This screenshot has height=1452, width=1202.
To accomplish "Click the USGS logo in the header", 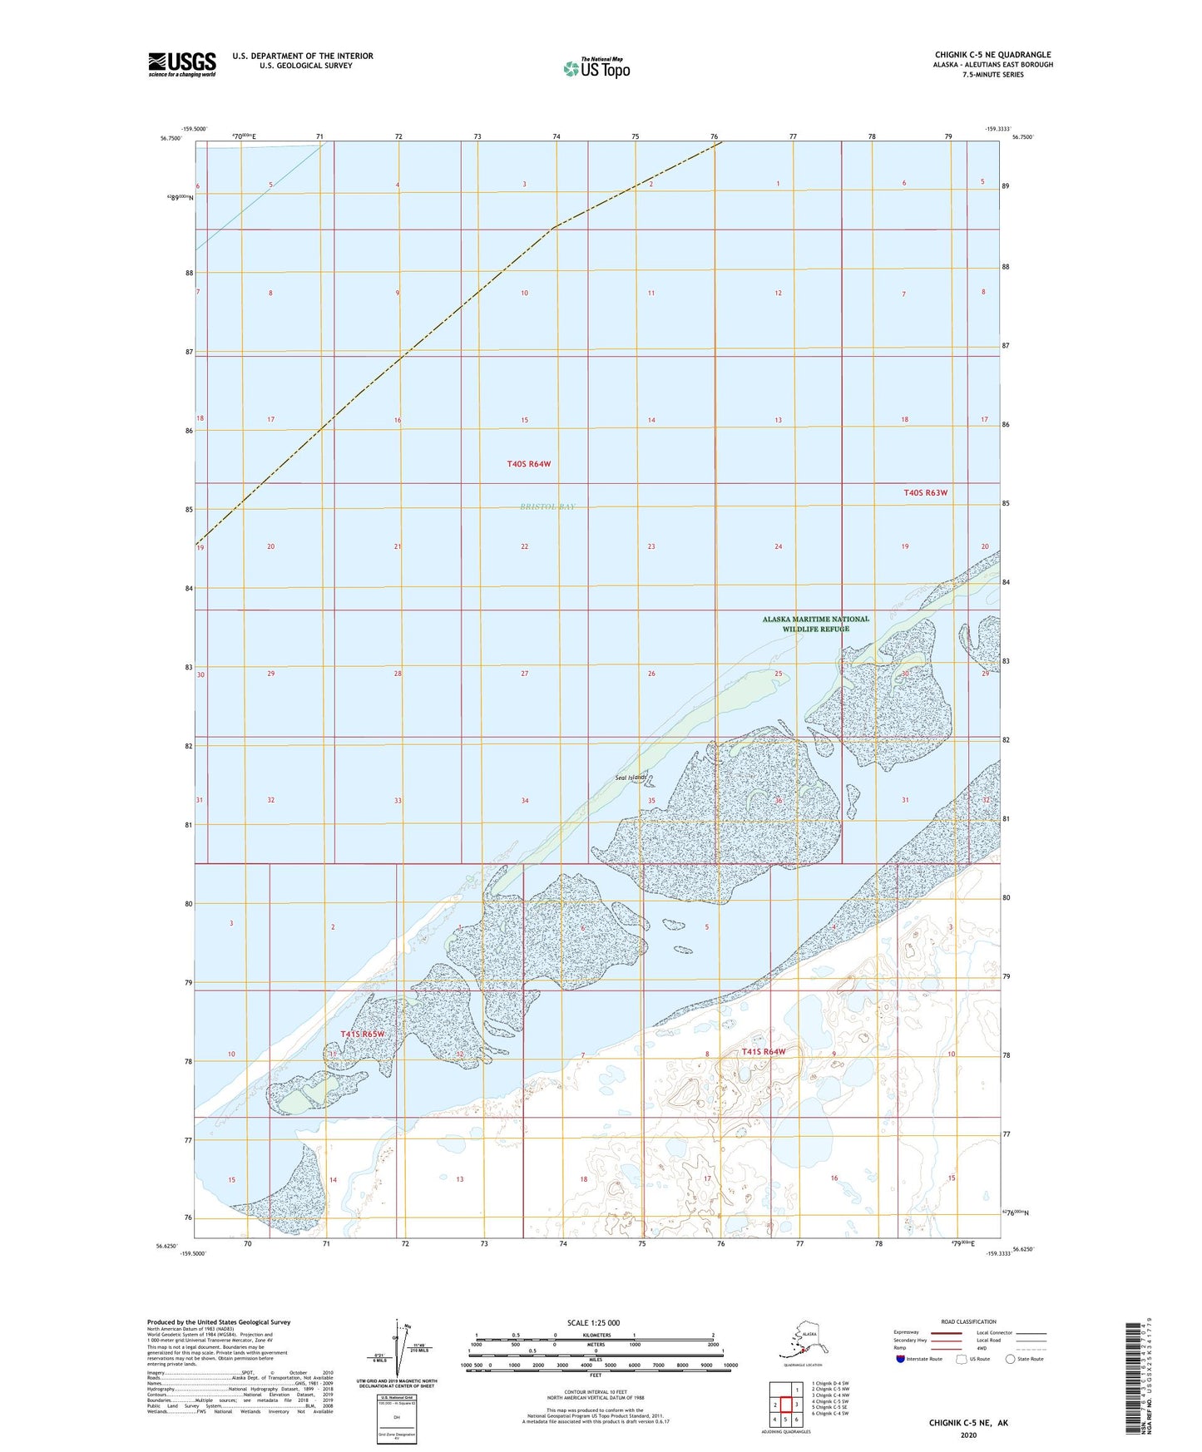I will tap(181, 64).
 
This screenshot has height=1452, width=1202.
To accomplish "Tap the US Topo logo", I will tap(596, 68).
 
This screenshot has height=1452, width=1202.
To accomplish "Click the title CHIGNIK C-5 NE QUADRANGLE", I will tap(992, 55).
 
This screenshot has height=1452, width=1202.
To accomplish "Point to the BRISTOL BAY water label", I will tap(547, 506).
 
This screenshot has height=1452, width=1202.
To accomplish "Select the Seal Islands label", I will tap(631, 778).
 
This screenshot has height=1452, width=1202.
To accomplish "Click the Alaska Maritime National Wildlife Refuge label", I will tap(815, 624).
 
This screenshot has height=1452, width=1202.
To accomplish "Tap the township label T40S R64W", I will tap(528, 464).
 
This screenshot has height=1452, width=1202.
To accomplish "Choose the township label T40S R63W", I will tap(925, 493).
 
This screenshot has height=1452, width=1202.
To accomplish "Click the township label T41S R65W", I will tap(363, 1034).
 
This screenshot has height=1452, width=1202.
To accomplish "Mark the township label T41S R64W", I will tap(764, 1052).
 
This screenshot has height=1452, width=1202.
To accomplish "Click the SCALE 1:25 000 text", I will tap(593, 1322).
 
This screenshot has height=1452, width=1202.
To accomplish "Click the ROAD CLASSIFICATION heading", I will tap(968, 1321).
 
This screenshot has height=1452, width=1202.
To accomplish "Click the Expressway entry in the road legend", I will tap(908, 1332).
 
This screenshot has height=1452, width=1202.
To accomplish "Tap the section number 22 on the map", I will tap(524, 546).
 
